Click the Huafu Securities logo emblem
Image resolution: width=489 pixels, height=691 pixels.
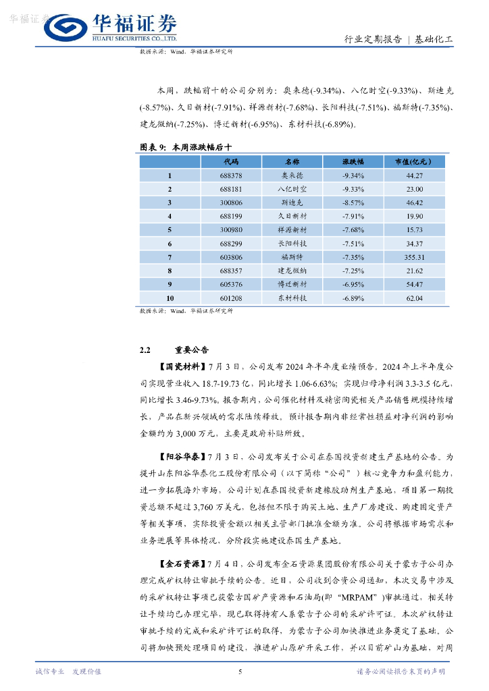pos(64,28)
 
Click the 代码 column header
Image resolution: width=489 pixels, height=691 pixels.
pos(231,162)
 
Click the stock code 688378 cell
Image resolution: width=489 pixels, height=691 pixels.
pos(231,175)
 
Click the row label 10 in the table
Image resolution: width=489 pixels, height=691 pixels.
pos(170,298)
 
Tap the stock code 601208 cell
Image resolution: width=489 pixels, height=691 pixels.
pos(231,298)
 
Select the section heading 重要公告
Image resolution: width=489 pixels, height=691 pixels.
pos(192,350)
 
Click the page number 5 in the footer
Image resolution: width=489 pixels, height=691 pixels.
pos(240,671)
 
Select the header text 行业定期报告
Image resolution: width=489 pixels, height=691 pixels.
pos(373,39)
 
